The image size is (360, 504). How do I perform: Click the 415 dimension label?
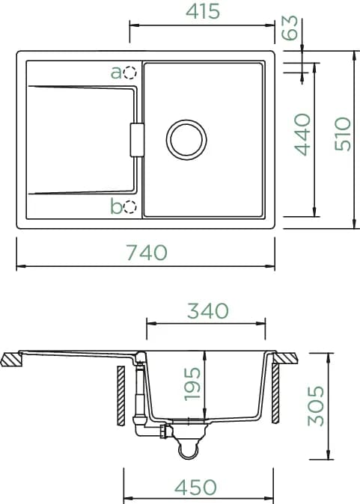(203, 11)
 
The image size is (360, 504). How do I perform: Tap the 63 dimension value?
(290, 28)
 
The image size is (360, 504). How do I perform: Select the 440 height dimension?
(302, 135)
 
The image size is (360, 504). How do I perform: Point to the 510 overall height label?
(343, 134)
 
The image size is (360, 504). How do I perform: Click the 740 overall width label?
(147, 252)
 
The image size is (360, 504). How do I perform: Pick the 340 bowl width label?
(208, 311)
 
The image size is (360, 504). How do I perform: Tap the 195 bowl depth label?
(192, 384)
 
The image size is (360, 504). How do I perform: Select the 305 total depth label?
(316, 406)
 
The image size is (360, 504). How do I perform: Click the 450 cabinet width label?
(195, 487)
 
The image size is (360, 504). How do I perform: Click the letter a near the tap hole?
(116, 73)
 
